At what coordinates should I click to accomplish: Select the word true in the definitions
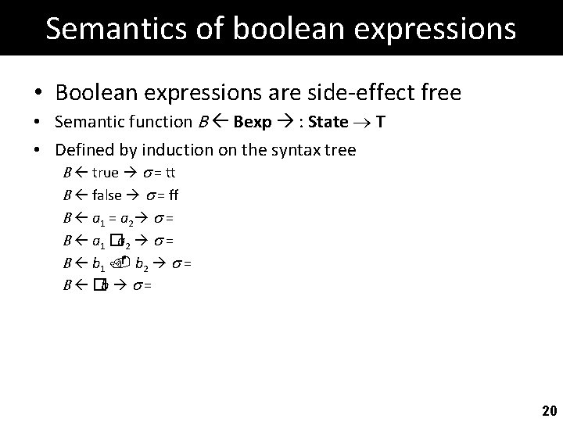click(106, 172)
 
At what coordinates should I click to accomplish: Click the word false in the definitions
click(107, 195)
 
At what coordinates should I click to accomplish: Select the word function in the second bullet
click(156, 123)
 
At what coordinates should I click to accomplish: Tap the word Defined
click(81, 150)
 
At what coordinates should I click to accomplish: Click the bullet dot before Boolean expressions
click(38, 94)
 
